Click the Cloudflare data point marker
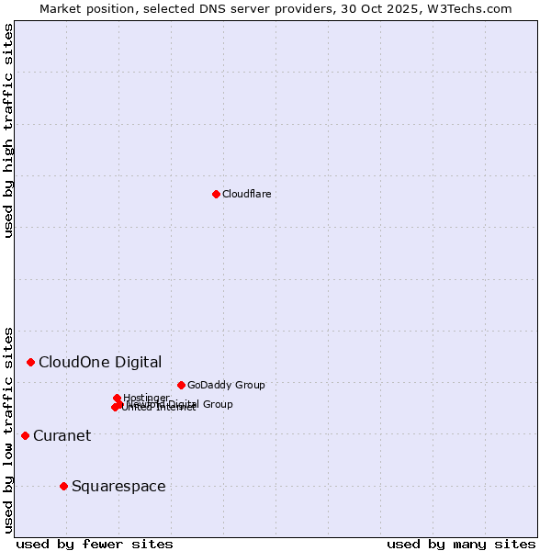pos(216,194)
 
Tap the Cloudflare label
pos(246,194)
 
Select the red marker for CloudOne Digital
pos(30,362)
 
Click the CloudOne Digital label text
pos(99,362)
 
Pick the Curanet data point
pos(25,435)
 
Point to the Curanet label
pos(62,435)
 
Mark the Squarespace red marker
pos(63,486)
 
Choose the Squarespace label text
pos(118,486)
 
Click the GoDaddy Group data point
pos(181,385)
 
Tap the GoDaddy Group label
pos(226,385)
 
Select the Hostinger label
pos(146,398)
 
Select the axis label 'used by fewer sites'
pos(95,544)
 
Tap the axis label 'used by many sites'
pos(461,544)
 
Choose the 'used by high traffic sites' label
pos(8,130)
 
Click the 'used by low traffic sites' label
pos(8,429)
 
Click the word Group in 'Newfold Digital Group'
pos(217,404)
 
